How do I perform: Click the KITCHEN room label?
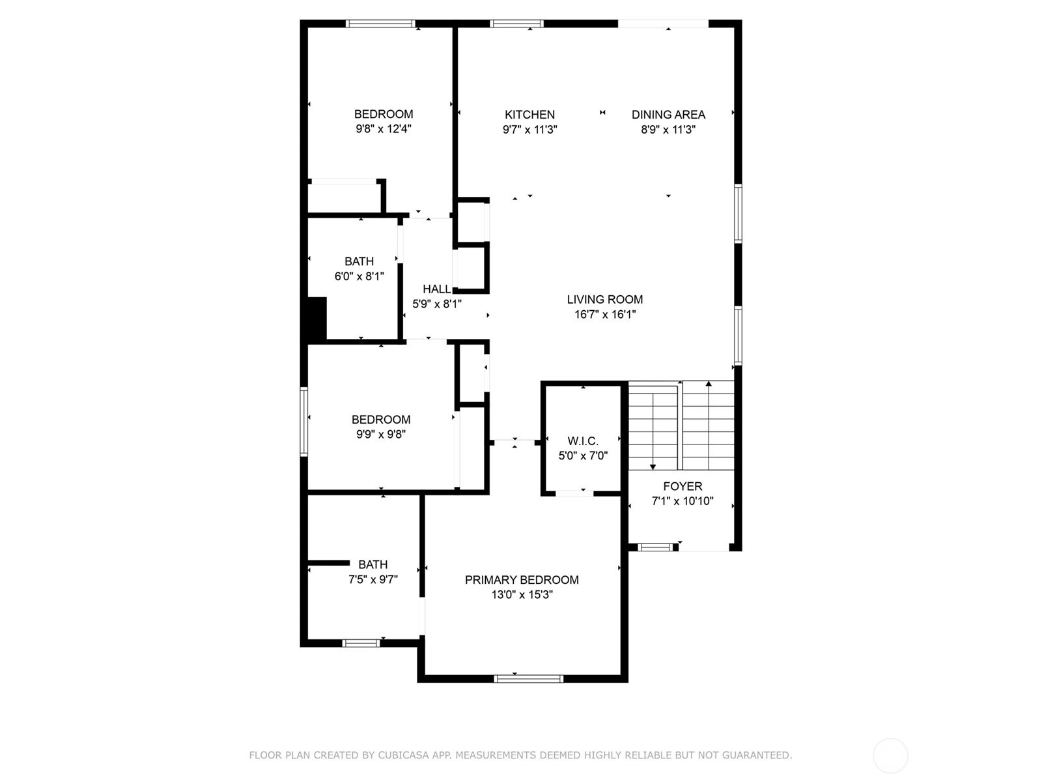[x=529, y=115]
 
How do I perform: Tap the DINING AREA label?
[x=668, y=115]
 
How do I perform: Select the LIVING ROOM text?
[x=605, y=300]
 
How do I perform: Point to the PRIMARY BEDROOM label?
[x=522, y=580]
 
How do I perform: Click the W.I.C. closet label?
[x=583, y=441]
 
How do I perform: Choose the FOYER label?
[x=683, y=486]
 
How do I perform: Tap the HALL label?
[x=437, y=289]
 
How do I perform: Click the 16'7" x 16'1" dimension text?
[x=605, y=314]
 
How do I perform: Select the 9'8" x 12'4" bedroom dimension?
[x=384, y=128]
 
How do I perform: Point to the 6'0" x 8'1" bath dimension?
[x=359, y=276]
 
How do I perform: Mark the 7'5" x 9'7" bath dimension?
[x=373, y=579]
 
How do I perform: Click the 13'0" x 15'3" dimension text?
[x=522, y=594]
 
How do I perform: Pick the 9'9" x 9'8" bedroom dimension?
[x=381, y=434]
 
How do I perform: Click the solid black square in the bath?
[x=317, y=318]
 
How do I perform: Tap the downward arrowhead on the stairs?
[x=653, y=467]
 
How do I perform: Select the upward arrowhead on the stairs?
[x=709, y=383]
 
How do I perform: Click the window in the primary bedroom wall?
[x=528, y=679]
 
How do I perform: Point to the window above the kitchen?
[x=517, y=23]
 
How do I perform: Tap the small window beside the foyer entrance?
[x=655, y=547]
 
